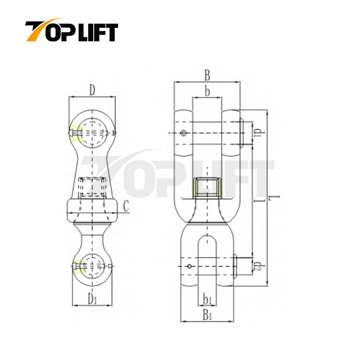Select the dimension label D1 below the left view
(x=93, y=298)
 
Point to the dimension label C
(x=126, y=206)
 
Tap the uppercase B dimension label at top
(x=207, y=75)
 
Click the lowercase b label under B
(x=207, y=91)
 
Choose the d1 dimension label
(x=257, y=133)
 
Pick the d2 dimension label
(x=257, y=266)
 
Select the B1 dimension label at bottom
(x=207, y=315)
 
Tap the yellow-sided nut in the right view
(x=207, y=188)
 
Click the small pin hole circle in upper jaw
(x=184, y=134)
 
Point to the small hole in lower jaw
(x=189, y=266)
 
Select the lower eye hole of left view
(x=93, y=266)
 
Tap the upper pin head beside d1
(x=242, y=133)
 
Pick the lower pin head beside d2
(x=235, y=266)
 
